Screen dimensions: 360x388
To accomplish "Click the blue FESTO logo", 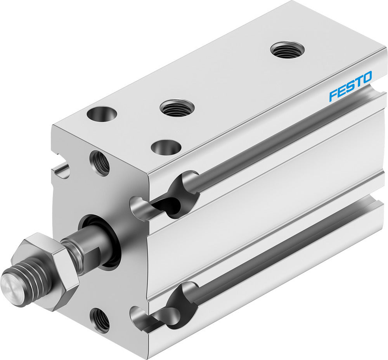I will pyautogui.click(x=350, y=86).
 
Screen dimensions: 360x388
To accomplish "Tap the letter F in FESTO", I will pyautogui.click(x=333, y=96).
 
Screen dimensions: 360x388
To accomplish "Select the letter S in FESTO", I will pyautogui.click(x=349, y=86).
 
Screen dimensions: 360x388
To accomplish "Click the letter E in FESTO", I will pyautogui.click(x=341, y=91).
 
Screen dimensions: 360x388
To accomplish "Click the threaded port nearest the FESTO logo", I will pyautogui.click(x=287, y=50).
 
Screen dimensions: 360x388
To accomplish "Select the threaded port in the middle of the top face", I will pyautogui.click(x=177, y=108).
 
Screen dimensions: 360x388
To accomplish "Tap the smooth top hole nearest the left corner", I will pyautogui.click(x=102, y=114).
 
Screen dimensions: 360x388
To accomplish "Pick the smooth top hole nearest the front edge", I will pyautogui.click(x=166, y=147).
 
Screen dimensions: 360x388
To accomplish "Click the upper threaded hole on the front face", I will pyautogui.click(x=100, y=163).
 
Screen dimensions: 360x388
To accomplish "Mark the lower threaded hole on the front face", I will pyautogui.click(x=100, y=320).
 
